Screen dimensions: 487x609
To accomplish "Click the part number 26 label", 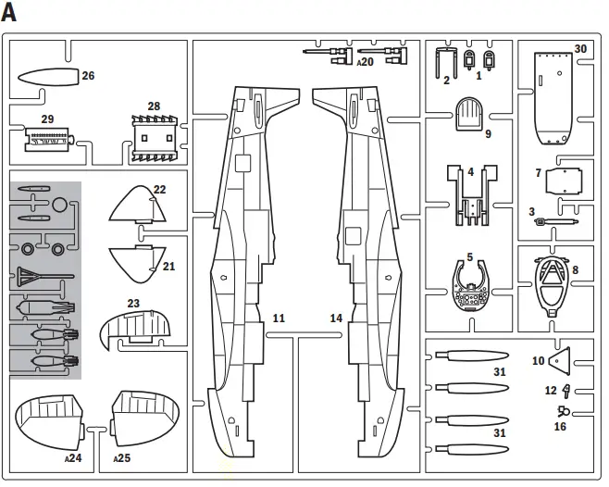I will [x=88, y=76].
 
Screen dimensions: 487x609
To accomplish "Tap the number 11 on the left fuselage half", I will [x=279, y=318].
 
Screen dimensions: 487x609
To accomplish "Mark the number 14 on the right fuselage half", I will [x=336, y=318].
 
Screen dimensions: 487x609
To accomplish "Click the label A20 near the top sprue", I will [x=365, y=62].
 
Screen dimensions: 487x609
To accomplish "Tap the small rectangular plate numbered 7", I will [x=567, y=181].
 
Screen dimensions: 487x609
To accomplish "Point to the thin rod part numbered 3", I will [x=555, y=222].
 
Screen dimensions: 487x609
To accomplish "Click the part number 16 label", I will [x=559, y=427].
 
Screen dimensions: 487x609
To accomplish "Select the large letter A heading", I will [x=11, y=13].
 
